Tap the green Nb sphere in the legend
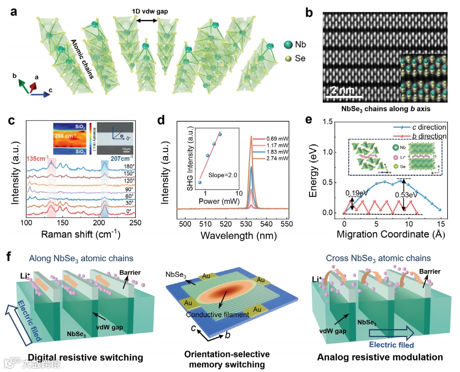[288, 45]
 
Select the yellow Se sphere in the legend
[287, 59]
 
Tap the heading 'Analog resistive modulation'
[380, 357]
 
